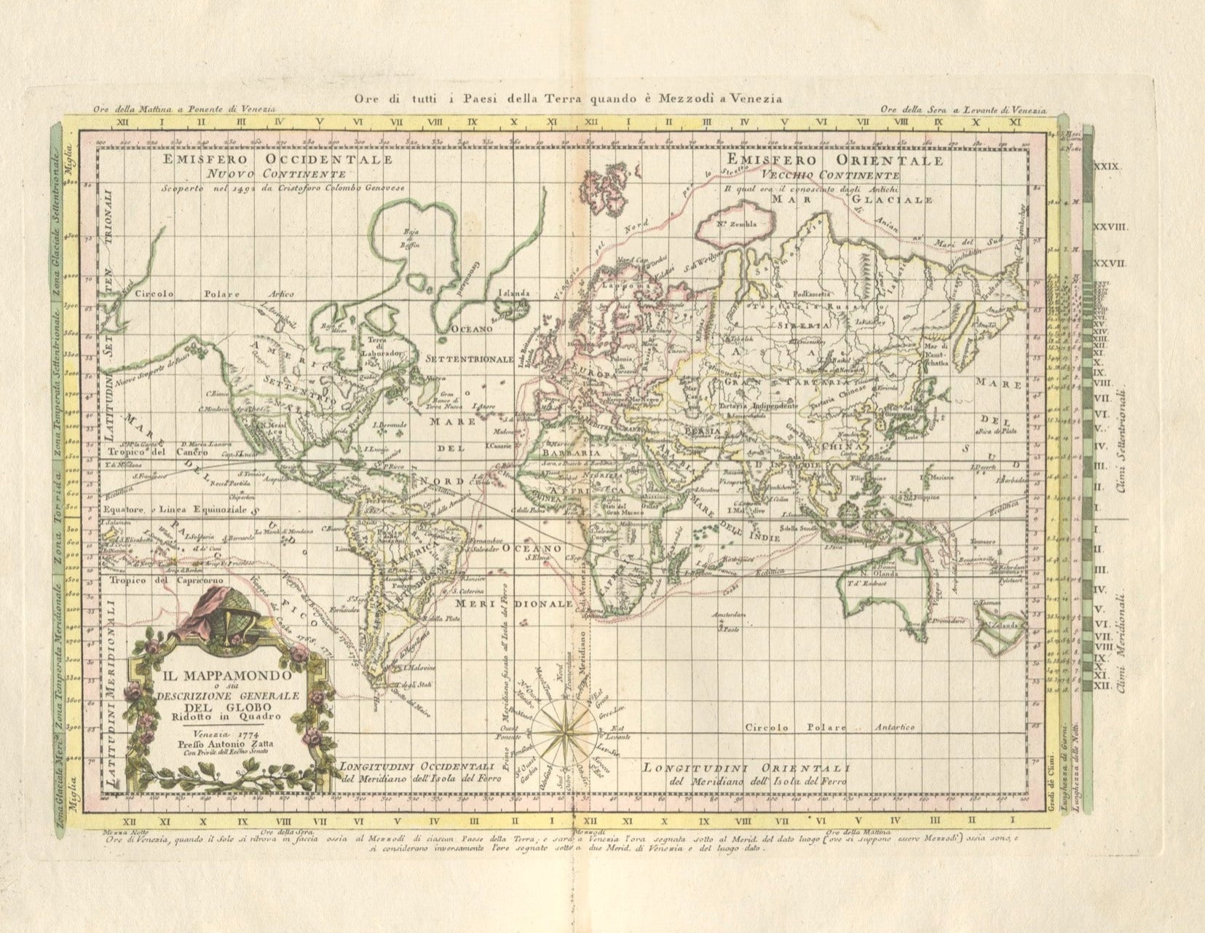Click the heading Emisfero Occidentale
(278, 160)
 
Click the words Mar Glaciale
(852, 199)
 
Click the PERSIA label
(702, 430)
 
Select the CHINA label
(842, 445)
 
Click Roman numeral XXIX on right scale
(1109, 167)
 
